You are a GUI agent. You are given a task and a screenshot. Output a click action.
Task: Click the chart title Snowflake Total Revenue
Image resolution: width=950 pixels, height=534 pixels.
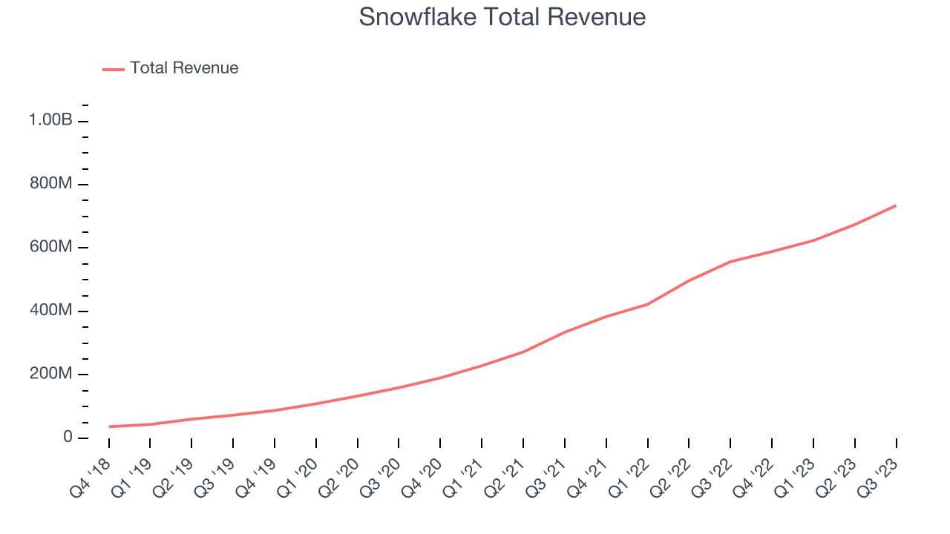point(502,17)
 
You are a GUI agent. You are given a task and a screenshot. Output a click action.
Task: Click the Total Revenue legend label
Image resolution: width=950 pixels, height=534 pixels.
point(184,68)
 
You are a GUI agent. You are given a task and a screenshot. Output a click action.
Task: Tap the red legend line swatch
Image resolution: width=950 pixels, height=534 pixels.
point(114,69)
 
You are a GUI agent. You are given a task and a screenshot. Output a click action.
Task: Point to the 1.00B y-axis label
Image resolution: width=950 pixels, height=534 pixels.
point(50,120)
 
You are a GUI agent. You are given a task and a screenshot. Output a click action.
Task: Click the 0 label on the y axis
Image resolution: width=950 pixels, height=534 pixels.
point(68,438)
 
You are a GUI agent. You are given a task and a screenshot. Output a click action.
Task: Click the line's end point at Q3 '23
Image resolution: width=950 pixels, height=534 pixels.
point(896,205)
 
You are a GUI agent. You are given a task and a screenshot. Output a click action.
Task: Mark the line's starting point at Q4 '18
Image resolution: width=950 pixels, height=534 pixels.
point(109,426)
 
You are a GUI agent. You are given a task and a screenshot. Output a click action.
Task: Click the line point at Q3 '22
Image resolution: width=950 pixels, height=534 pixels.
point(730,262)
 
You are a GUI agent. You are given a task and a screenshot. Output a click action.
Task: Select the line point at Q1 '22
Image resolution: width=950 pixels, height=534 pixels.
point(648,304)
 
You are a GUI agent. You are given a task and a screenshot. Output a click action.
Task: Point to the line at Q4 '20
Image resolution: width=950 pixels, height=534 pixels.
point(440,378)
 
